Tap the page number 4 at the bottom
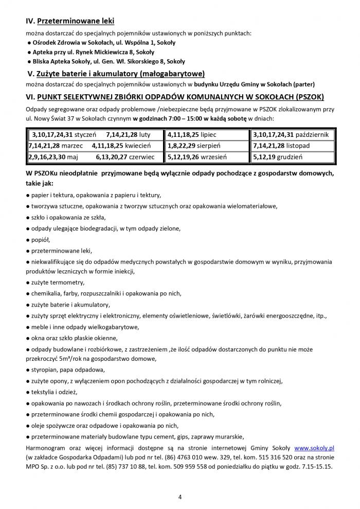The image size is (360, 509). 180,497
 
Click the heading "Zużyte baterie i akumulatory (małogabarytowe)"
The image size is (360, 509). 122,73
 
